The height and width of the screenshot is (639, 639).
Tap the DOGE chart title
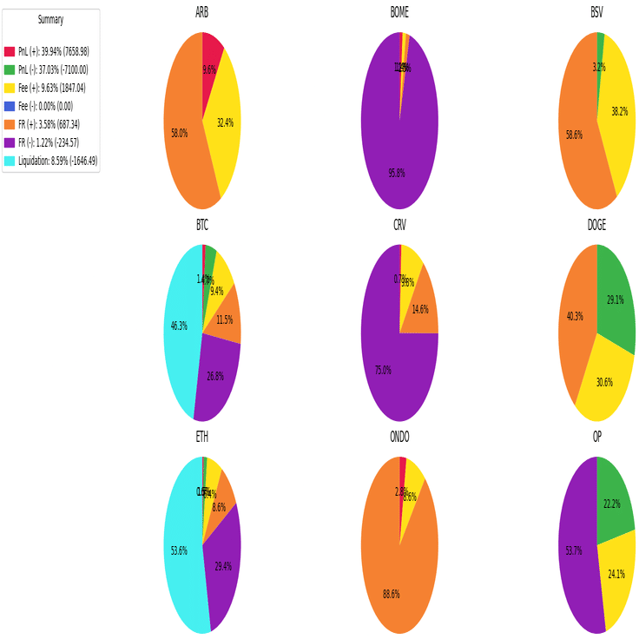[x=596, y=225]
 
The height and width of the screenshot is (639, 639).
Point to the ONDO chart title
[x=399, y=437]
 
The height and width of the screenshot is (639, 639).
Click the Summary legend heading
[x=50, y=20]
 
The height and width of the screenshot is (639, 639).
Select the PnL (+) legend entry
[x=53, y=51]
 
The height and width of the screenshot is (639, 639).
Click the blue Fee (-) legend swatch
[x=10, y=106]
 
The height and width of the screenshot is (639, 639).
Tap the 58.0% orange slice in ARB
[x=182, y=130]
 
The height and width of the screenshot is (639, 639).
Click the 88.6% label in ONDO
[x=392, y=594]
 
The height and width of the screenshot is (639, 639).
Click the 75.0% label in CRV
[x=382, y=370]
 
